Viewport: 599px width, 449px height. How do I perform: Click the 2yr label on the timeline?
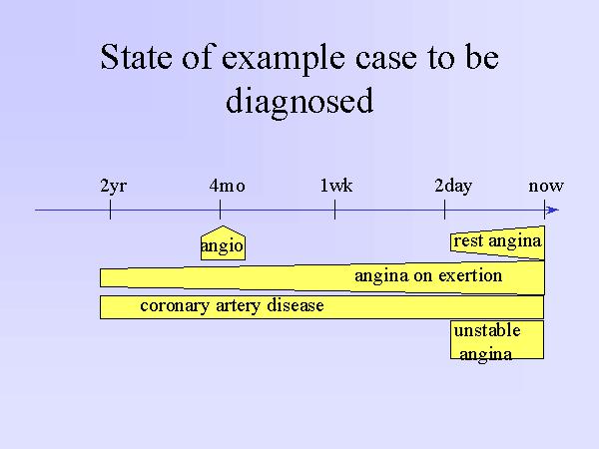(114, 187)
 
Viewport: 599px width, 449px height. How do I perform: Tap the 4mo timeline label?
(227, 186)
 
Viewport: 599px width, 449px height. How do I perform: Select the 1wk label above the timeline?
(336, 186)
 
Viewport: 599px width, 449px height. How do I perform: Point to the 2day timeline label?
(453, 187)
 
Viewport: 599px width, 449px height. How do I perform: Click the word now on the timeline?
(546, 187)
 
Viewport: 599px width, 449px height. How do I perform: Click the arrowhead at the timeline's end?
(552, 210)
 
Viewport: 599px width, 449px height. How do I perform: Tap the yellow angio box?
(223, 243)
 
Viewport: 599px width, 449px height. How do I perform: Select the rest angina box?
(497, 242)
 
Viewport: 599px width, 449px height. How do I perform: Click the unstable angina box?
(497, 340)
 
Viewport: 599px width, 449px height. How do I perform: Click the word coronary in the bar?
(175, 306)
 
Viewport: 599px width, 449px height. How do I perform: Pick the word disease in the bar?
(296, 305)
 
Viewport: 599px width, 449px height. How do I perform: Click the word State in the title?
(136, 57)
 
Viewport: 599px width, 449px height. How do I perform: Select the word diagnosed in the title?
(299, 101)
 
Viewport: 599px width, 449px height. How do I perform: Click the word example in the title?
(285, 58)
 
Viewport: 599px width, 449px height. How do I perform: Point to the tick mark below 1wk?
(334, 210)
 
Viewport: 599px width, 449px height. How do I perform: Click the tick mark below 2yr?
(110, 210)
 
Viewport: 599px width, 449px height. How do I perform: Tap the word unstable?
(487, 330)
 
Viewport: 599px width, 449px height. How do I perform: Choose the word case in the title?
(385, 59)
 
